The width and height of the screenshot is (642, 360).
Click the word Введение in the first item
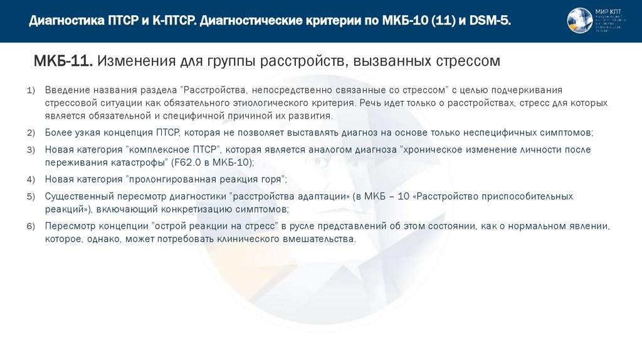(66, 91)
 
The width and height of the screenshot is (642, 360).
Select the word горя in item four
(271, 180)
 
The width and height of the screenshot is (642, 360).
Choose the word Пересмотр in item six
(68, 226)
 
